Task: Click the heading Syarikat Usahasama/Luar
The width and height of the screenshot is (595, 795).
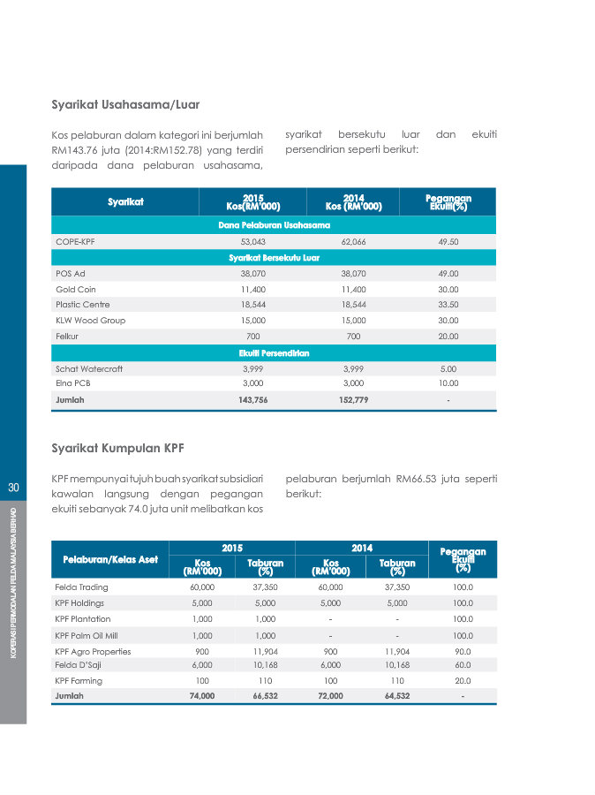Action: click(125, 105)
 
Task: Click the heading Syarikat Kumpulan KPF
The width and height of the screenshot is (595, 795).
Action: click(117, 448)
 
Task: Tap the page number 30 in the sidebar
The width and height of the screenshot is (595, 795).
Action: click(13, 488)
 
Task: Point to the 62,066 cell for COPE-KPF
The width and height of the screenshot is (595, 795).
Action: click(353, 242)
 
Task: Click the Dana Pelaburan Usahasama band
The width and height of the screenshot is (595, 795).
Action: click(274, 225)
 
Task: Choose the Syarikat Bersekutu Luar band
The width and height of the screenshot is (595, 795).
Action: click(274, 258)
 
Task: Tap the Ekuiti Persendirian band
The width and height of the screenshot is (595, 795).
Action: click(274, 352)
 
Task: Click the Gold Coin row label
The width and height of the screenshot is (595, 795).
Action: click(76, 289)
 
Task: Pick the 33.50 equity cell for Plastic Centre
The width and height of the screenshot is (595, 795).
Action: click(448, 305)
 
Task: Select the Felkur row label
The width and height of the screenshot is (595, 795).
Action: click(68, 337)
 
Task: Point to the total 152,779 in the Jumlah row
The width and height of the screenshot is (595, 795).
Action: click(353, 400)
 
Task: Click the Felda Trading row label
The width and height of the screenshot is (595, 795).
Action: click(81, 587)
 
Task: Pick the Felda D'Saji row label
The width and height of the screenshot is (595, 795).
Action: click(80, 664)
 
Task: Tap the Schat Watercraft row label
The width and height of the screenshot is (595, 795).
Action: click(90, 368)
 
